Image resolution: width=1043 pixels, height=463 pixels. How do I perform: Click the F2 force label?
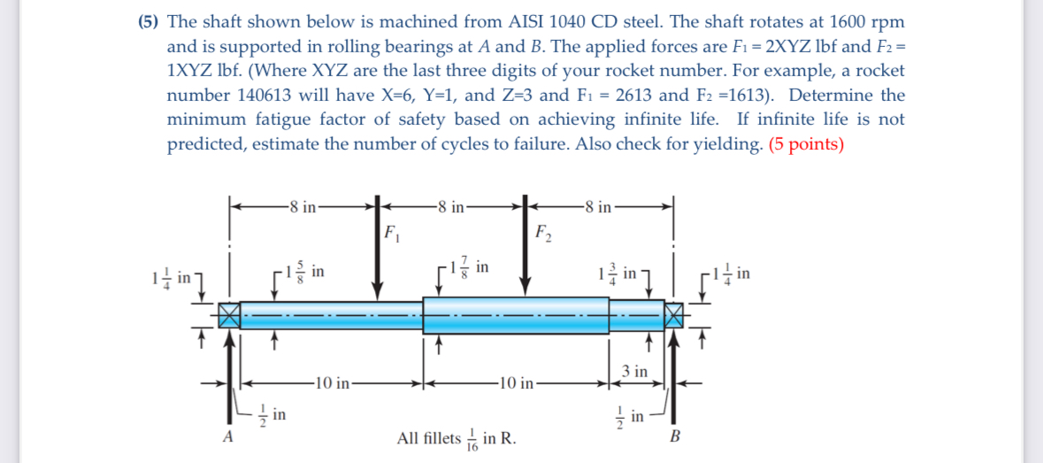coord(544,235)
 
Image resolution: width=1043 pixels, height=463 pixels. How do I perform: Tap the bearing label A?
coord(228,436)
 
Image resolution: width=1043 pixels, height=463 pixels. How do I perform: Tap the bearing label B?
coord(677,436)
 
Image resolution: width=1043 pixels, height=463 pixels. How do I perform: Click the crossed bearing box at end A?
coord(229,314)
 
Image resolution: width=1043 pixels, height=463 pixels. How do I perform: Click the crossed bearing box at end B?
coord(675,314)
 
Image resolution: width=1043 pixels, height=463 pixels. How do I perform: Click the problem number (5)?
coord(150,21)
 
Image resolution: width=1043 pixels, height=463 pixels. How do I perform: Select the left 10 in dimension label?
coord(334,383)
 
